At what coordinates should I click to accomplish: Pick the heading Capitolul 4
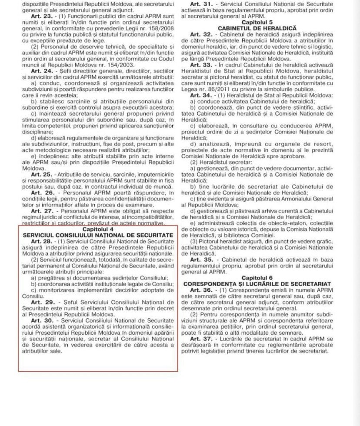click(98, 229)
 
